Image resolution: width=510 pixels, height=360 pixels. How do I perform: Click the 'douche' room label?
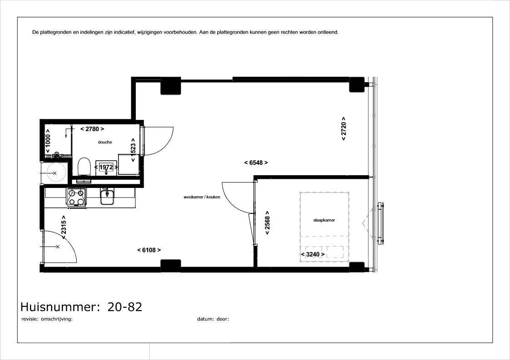tap(105, 142)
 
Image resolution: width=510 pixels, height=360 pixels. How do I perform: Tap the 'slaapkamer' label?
tap(324, 220)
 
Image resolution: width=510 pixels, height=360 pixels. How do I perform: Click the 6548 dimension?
tap(256, 163)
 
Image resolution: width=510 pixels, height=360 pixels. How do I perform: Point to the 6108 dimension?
tap(149, 250)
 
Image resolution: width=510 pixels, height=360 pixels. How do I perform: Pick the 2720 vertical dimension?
tap(343, 129)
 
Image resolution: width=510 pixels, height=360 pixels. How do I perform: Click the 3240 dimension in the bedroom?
tap(313, 254)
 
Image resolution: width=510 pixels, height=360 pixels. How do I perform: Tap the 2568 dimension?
tap(267, 223)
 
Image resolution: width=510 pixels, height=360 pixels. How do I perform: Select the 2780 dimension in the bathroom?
tap(92, 129)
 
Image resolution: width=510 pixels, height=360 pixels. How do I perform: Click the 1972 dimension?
tap(106, 167)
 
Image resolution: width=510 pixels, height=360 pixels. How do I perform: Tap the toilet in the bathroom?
tap(84, 167)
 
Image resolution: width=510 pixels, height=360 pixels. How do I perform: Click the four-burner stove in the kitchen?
tap(76, 197)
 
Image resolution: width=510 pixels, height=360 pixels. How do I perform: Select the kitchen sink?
tap(107, 197)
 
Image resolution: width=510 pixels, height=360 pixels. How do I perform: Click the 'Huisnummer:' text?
tap(60, 307)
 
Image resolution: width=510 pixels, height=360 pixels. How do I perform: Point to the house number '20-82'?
tap(125, 307)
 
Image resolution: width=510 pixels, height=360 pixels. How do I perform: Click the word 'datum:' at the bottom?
tap(206, 319)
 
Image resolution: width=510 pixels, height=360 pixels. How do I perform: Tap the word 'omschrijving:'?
tap(57, 319)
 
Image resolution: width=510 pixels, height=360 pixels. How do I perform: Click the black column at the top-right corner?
tap(357, 84)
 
